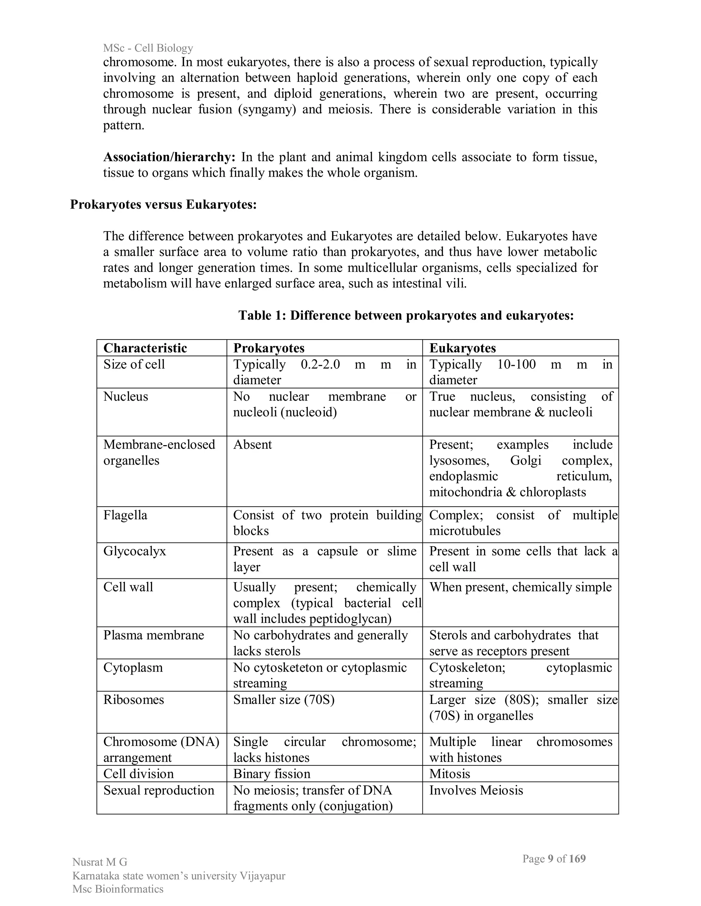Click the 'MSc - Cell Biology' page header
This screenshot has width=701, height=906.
[x=148, y=48]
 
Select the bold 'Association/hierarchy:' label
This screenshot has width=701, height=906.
[x=169, y=157]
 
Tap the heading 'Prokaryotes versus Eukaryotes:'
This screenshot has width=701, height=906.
[x=163, y=204]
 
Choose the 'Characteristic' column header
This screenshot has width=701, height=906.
[x=145, y=348]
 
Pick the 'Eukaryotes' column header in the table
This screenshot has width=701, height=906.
[x=462, y=348]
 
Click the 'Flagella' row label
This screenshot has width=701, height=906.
[x=125, y=515]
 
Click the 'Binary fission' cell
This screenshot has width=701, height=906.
[x=271, y=774]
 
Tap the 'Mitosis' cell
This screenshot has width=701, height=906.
[x=449, y=774]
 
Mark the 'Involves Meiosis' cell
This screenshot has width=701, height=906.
[x=476, y=790]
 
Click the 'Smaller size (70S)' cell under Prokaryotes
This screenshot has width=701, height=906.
[x=284, y=700]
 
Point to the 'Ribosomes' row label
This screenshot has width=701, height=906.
[x=133, y=700]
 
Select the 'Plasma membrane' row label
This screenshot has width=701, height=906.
[x=154, y=635]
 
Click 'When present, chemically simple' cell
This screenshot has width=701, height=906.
[x=520, y=587]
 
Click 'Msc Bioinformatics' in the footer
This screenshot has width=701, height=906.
[x=118, y=889]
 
